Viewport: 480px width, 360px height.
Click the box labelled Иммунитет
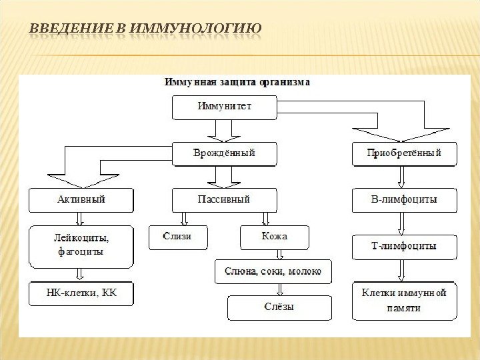point(224,107)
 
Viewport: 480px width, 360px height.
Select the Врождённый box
point(224,154)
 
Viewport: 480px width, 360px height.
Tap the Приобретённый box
point(405,154)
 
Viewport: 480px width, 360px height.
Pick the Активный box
point(81,199)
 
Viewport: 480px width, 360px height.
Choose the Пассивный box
point(224,199)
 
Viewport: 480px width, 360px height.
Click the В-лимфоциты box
point(405,199)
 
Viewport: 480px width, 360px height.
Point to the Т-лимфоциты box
point(405,247)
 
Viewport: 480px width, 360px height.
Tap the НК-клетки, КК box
point(81,293)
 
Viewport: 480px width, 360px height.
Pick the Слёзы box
point(279,307)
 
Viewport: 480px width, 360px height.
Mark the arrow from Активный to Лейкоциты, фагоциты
point(81,219)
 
